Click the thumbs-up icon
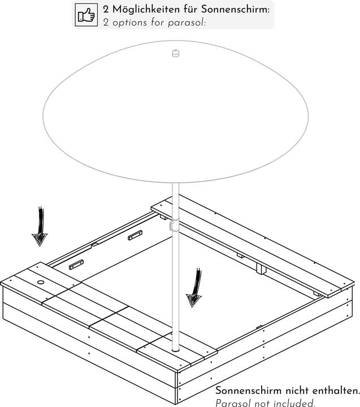86,15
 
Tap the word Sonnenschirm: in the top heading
236,10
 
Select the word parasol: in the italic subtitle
186,23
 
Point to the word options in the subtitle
129,23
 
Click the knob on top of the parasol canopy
176,53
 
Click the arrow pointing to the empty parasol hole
40,226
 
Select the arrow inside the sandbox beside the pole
194,288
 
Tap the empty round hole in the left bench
41,282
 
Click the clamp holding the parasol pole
174,224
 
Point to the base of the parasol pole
175,350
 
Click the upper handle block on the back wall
135,235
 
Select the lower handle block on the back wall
76,265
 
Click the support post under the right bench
261,269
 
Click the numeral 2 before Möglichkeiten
106,10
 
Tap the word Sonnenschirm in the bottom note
249,391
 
